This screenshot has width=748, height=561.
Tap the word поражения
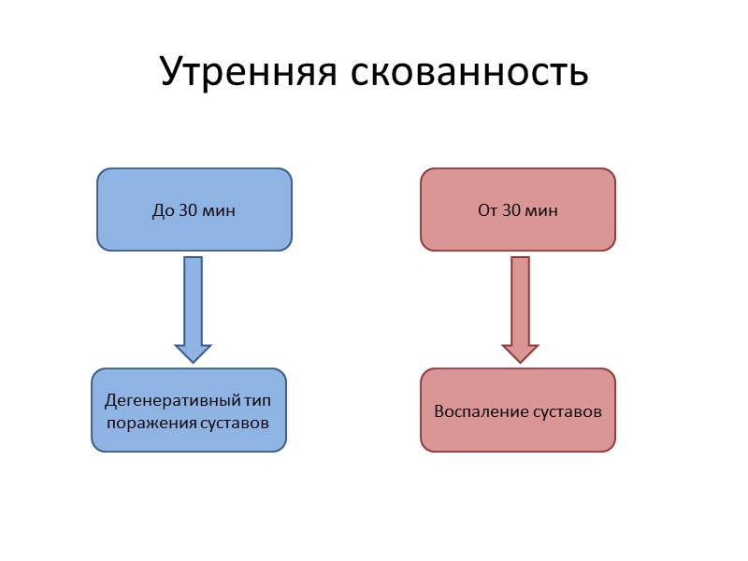click(152, 423)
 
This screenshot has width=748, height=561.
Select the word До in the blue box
click(162, 210)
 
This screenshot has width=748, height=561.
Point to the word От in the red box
click(487, 210)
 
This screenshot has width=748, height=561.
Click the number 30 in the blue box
click(187, 210)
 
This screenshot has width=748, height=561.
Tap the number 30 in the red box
click(512, 210)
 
